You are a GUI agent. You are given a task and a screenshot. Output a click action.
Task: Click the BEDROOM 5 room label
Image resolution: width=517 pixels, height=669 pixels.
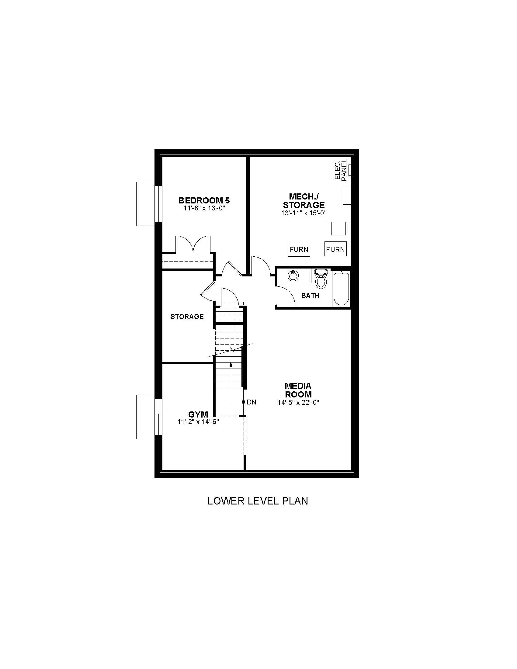[x=204, y=201]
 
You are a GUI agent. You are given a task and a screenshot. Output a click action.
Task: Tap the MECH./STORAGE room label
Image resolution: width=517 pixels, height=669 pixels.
[x=304, y=201]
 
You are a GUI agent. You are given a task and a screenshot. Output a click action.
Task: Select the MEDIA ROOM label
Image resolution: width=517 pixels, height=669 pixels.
[x=298, y=390]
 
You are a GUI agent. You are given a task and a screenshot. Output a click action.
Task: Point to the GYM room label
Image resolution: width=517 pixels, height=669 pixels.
[x=198, y=414]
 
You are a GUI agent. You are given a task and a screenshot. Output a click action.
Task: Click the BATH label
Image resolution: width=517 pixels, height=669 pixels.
[x=310, y=296]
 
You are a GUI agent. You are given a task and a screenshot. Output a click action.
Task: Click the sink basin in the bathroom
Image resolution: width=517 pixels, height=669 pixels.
[x=293, y=276]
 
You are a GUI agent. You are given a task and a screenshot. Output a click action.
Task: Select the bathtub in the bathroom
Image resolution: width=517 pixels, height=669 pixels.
[x=341, y=289]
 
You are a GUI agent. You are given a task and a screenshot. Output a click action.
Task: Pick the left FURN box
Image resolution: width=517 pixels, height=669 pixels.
[x=299, y=249]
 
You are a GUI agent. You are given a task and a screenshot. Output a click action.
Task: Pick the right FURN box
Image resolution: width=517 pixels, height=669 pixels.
[x=335, y=249]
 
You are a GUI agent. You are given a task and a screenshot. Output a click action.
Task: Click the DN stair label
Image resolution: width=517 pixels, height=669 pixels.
[x=251, y=402]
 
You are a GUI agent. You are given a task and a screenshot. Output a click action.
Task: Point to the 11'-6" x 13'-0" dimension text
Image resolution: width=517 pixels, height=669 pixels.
[x=204, y=208]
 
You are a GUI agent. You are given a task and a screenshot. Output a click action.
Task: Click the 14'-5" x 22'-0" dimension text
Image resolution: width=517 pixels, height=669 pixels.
[x=298, y=403]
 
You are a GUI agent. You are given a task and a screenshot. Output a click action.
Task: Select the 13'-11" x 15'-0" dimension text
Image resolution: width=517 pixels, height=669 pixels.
[x=304, y=213]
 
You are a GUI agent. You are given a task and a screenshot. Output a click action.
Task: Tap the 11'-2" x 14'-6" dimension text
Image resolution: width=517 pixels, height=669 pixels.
[x=198, y=422]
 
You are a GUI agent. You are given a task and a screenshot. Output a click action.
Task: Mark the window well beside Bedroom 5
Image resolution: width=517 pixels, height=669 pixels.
[x=145, y=204]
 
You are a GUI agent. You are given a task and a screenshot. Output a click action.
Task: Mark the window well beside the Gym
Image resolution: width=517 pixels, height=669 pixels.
[x=145, y=417]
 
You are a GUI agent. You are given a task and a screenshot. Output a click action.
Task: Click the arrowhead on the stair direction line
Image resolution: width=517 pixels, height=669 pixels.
[x=231, y=364]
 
